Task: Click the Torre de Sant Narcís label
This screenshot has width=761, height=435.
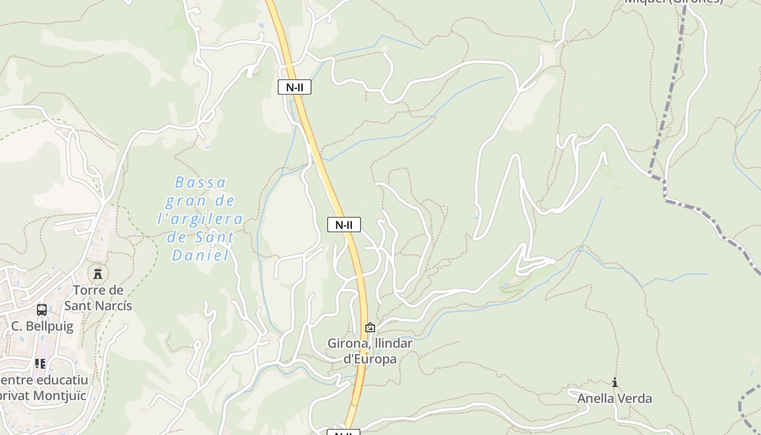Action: [x=98, y=298]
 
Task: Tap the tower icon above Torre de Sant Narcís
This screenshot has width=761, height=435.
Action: [x=98, y=273]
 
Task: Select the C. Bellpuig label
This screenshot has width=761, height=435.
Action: [x=42, y=326]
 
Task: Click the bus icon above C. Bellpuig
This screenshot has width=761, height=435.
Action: [x=42, y=309]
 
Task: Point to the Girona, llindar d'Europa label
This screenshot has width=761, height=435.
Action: [x=370, y=351]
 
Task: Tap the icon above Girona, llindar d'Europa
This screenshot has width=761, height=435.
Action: [x=370, y=327]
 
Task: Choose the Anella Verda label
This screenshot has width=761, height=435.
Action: [x=614, y=399]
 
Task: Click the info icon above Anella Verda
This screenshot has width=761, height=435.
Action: [x=615, y=382]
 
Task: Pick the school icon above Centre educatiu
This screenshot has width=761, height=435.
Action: [x=40, y=363]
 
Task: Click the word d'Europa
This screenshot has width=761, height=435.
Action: [x=370, y=359]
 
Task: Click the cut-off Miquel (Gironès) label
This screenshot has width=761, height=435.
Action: [x=674, y=2]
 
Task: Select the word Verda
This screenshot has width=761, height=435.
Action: [x=634, y=399]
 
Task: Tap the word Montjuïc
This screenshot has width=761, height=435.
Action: [x=60, y=395]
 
